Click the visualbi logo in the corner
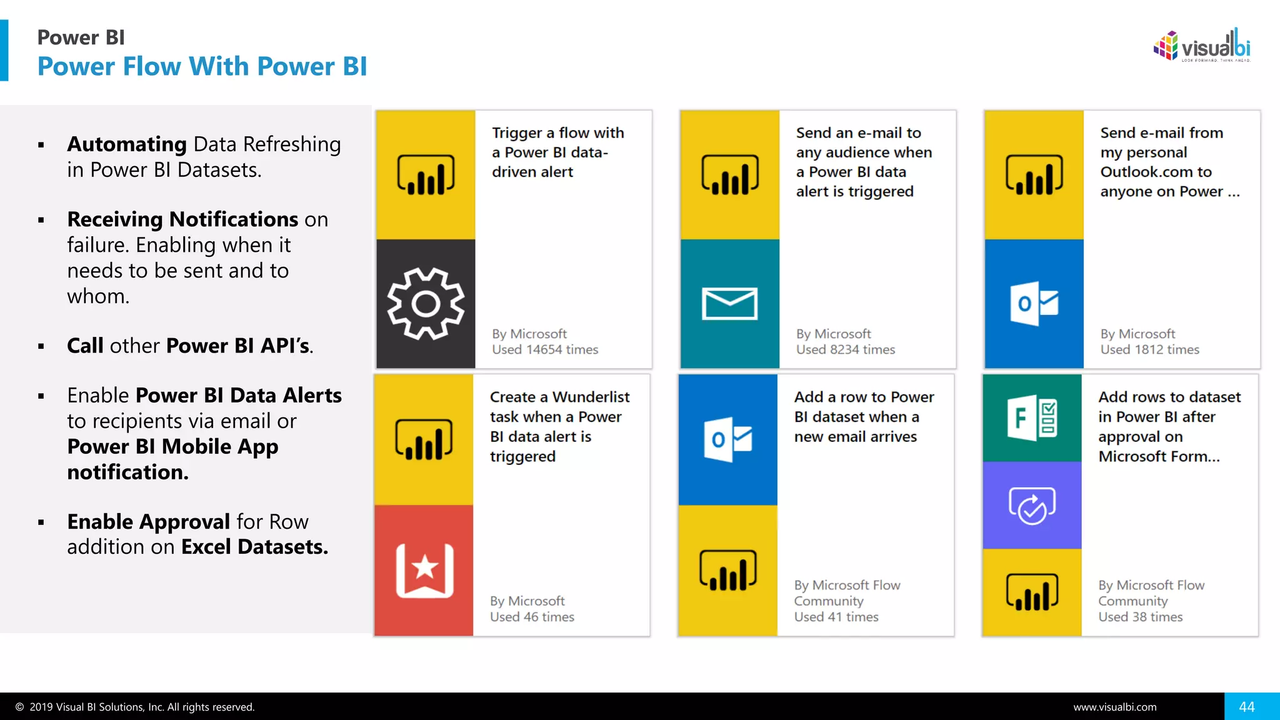click(x=1201, y=46)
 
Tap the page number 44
click(x=1246, y=706)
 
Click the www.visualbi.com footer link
click(x=1114, y=707)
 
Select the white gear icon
click(x=426, y=304)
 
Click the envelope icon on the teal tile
click(x=729, y=304)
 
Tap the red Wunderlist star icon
click(x=424, y=570)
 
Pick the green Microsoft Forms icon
click(x=1032, y=418)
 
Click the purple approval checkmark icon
click(x=1032, y=505)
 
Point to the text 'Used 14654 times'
click(x=544, y=349)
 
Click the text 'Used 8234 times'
click(x=845, y=349)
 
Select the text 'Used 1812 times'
click(x=1149, y=349)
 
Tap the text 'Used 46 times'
click(x=531, y=617)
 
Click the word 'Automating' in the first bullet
click(x=127, y=144)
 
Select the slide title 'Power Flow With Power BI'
click(x=202, y=66)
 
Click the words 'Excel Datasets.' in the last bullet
click(x=254, y=547)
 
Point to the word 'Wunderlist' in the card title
click(x=591, y=397)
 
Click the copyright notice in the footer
click(x=135, y=707)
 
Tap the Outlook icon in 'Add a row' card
click(x=727, y=439)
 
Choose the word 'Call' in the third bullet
click(x=85, y=346)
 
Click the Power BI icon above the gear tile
click(x=426, y=175)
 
